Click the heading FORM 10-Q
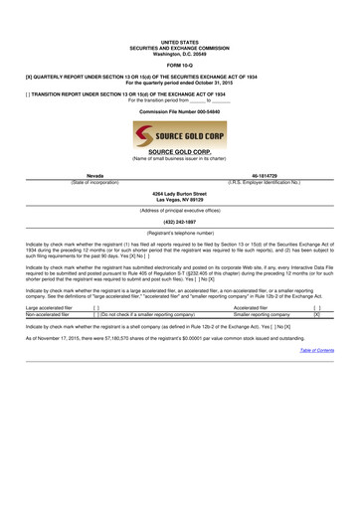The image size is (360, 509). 180,65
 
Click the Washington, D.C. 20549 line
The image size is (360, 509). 180,56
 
